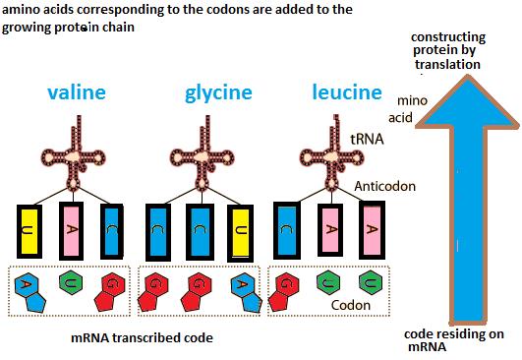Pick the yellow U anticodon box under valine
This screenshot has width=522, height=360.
point(30,231)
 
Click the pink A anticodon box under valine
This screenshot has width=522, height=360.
point(71,231)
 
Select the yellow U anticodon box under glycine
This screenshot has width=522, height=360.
point(240,231)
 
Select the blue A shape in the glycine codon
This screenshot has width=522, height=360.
point(240,287)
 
